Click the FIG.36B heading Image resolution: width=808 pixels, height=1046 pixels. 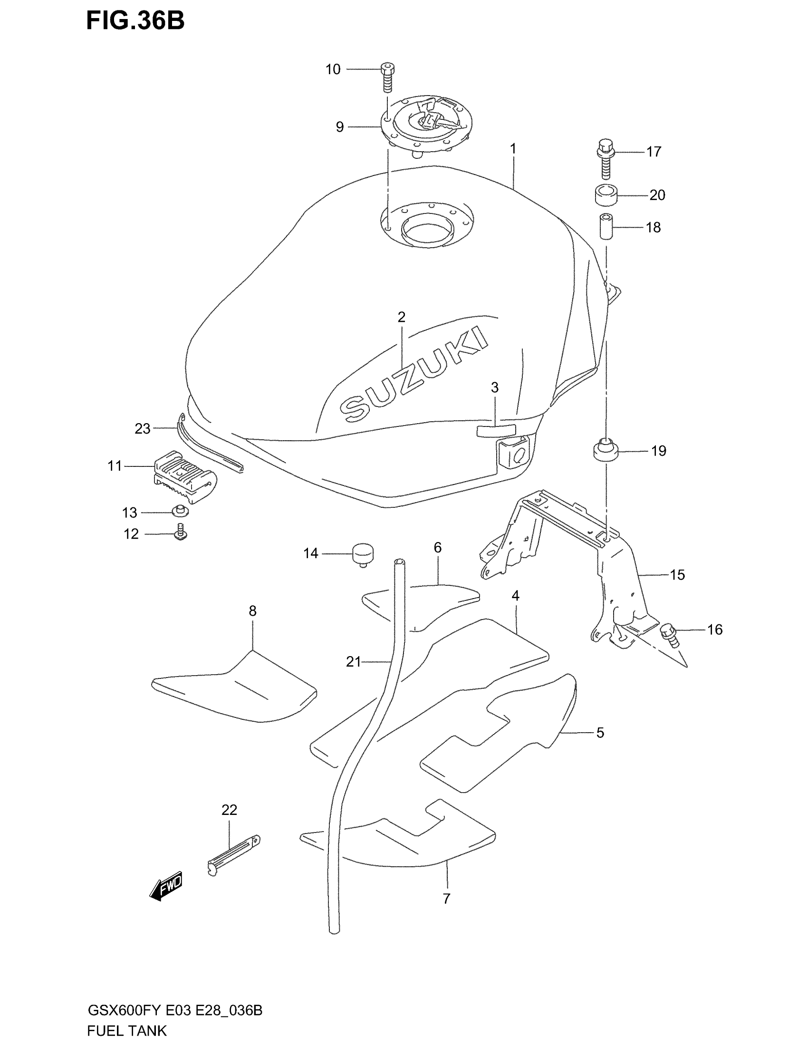[x=135, y=21]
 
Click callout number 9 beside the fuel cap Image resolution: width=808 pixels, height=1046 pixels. [x=339, y=127]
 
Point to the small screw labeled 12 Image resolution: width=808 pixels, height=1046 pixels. [x=181, y=532]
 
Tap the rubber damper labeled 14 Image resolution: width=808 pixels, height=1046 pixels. [x=363, y=554]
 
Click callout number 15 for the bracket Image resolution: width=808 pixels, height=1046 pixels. [x=677, y=575]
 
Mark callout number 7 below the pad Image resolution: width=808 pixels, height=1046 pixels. [x=446, y=899]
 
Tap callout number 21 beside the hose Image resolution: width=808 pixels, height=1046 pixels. [x=353, y=662]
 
